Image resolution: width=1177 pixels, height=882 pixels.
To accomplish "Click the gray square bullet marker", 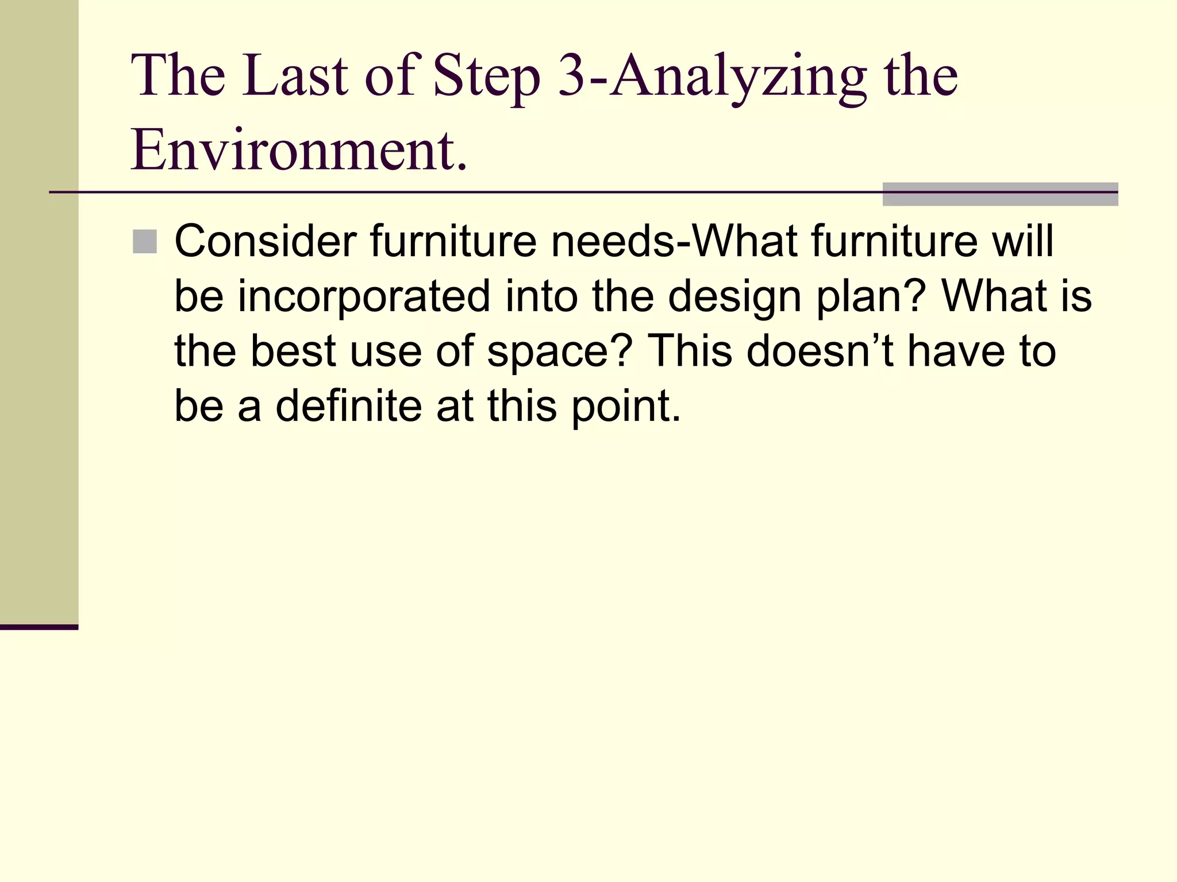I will point(144,242).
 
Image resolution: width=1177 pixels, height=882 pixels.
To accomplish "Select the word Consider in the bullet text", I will point(265,241).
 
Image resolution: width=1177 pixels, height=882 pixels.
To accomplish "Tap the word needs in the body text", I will point(612,241).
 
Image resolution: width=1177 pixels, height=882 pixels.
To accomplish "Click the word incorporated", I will point(364,296).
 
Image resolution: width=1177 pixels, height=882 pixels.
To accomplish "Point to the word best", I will point(293,351).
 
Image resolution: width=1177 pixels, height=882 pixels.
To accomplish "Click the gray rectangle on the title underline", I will point(1000,194).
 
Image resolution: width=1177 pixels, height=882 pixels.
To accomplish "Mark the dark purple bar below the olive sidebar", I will point(39,627).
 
